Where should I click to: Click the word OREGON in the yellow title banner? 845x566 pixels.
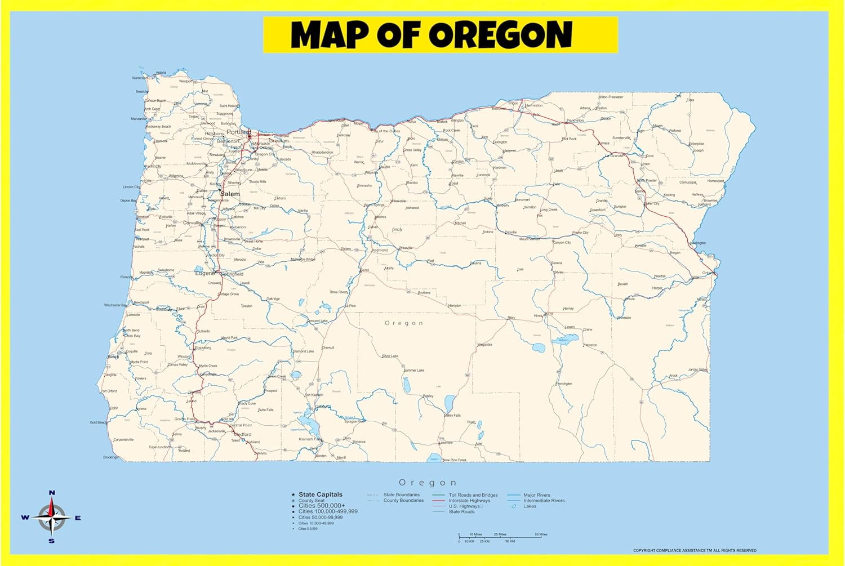(501, 35)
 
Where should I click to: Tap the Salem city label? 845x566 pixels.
(230, 194)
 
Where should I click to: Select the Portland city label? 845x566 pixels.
(238, 132)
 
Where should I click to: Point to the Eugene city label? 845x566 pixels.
(204, 273)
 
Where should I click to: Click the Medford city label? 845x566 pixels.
(243, 435)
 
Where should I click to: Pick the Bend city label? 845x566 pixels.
(364, 270)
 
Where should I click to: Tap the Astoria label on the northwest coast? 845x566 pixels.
(161, 73)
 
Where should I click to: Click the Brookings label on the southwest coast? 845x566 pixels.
(111, 457)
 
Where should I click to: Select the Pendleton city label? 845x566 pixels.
(575, 121)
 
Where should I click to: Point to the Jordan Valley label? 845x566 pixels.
(698, 370)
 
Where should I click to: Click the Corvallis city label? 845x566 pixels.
(192, 223)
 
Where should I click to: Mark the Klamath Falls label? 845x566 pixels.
(310, 439)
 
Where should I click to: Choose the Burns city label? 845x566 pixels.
(549, 314)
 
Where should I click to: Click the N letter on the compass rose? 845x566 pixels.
(52, 493)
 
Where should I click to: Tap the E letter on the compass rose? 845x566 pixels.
(78, 518)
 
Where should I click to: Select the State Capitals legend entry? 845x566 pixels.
(320, 494)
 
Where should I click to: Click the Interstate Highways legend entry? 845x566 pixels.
(469, 501)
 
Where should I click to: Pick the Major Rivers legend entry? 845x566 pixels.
(536, 495)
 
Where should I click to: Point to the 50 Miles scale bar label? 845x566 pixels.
(541, 534)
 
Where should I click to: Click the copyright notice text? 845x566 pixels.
(695, 550)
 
